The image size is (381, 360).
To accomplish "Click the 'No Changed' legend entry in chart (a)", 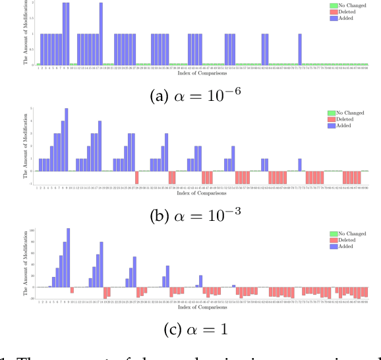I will click(348, 5).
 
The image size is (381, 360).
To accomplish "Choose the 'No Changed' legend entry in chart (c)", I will click(348, 234).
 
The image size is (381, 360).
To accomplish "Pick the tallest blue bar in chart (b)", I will click(66, 139).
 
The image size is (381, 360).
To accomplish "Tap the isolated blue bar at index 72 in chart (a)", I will click(299, 49).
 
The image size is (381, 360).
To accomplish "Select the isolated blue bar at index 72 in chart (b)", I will click(299, 164).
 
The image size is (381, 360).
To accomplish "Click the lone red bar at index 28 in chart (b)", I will click(136, 177).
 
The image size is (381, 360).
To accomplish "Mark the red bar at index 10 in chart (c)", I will click(72, 289).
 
